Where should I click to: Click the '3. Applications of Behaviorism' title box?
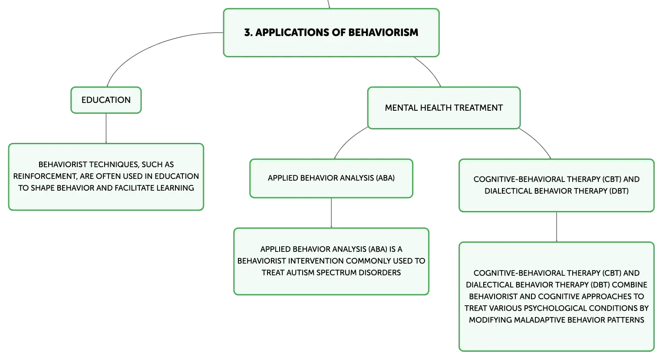331,33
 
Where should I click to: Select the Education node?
106,100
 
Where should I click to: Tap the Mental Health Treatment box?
444,108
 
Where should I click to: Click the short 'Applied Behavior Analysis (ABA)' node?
331,178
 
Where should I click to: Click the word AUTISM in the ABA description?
300,272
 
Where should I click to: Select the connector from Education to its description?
106,129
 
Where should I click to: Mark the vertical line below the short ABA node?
331,213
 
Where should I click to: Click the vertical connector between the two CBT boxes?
557,227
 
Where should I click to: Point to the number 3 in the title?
247,33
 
